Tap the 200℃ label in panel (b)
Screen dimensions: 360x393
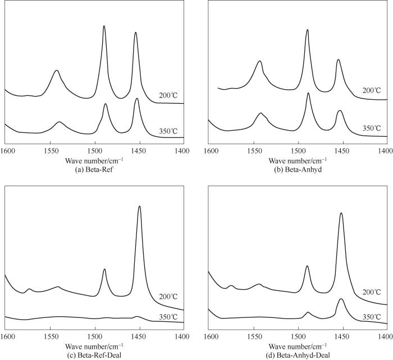[x=371, y=90]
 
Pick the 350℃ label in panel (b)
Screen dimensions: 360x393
[x=371, y=128]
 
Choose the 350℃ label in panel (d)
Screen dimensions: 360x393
[x=371, y=316]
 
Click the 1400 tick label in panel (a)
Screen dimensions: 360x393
[x=182, y=151]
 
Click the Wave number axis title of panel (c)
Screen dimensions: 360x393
[x=94, y=345]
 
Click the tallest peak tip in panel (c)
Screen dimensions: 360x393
[x=139, y=206]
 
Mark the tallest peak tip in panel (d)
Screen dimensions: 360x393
[x=341, y=213]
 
